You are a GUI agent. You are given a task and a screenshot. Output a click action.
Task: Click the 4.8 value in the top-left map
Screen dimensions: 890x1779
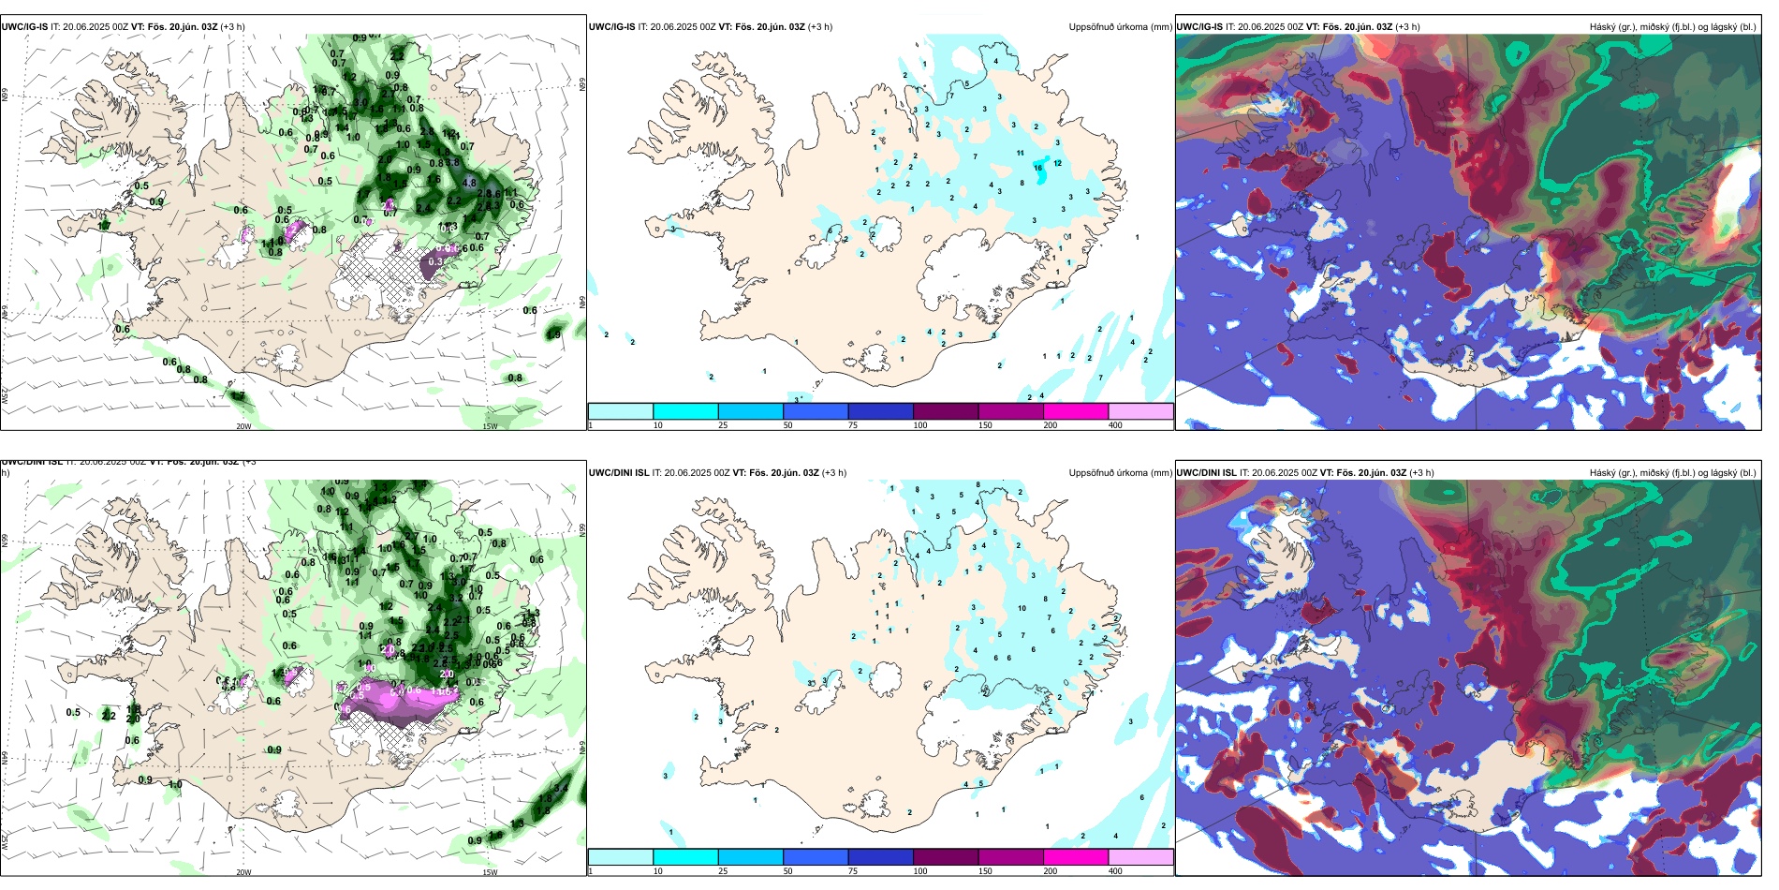tap(469, 183)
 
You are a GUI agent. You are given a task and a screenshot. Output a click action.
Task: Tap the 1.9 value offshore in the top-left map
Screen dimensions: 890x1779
tap(554, 334)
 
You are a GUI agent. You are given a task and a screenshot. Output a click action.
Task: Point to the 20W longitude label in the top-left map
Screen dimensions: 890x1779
tap(243, 426)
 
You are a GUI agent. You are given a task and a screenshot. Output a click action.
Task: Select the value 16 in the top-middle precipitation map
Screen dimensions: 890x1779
tap(1037, 169)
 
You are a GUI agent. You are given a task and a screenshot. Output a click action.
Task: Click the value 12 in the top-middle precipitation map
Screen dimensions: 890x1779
tap(1058, 163)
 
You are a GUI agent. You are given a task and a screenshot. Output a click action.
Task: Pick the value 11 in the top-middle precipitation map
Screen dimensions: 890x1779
tap(1020, 153)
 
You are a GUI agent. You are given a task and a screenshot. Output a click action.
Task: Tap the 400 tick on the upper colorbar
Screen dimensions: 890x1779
tap(1115, 425)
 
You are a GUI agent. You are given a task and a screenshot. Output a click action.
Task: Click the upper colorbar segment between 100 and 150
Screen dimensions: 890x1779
tap(945, 411)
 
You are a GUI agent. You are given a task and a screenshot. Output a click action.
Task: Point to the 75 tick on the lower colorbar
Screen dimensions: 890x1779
tap(852, 871)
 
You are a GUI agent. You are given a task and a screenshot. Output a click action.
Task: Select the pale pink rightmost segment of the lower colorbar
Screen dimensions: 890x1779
tap(1140, 857)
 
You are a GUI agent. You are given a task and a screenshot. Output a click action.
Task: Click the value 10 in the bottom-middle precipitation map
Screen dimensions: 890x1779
tap(1022, 608)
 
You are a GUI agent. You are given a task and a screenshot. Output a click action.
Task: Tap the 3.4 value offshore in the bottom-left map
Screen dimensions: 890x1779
tap(560, 788)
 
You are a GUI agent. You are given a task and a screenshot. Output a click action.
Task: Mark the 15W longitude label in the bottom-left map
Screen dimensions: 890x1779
tap(490, 872)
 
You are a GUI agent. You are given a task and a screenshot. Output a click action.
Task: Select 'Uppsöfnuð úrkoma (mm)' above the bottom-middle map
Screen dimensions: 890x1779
tap(1120, 473)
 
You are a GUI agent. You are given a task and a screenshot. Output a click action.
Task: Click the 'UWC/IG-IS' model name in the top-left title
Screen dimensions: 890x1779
tap(24, 26)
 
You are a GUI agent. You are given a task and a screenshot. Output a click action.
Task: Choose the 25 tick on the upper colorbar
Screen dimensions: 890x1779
tap(723, 425)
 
